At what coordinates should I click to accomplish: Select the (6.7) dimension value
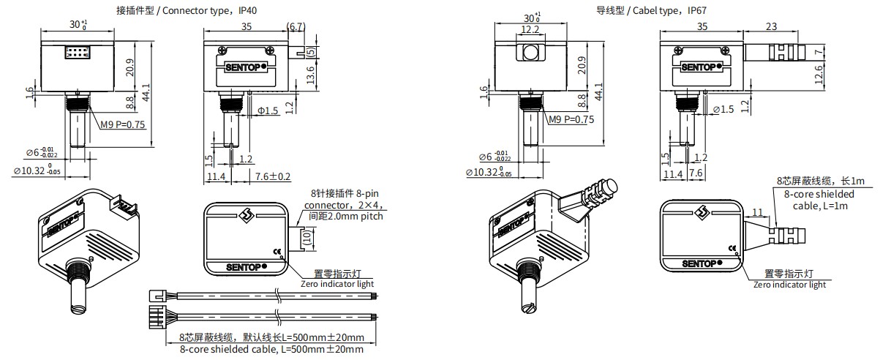click(296, 26)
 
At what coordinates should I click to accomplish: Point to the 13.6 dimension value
click(311, 74)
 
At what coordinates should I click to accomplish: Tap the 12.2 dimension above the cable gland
click(530, 30)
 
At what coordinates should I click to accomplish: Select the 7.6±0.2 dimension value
click(273, 176)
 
